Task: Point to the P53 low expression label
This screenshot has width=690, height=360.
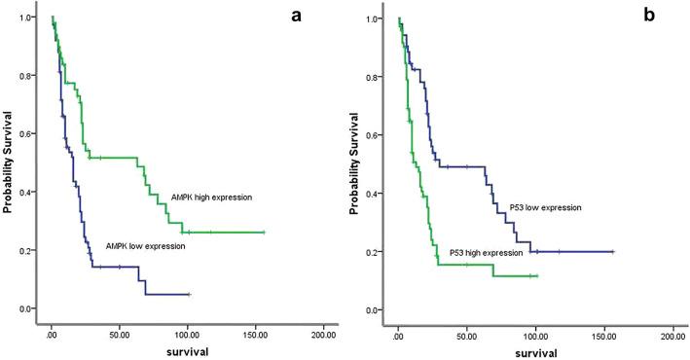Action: (x=545, y=207)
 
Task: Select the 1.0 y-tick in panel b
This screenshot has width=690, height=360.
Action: (x=383, y=18)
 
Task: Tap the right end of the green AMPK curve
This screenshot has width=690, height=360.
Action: (x=264, y=233)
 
